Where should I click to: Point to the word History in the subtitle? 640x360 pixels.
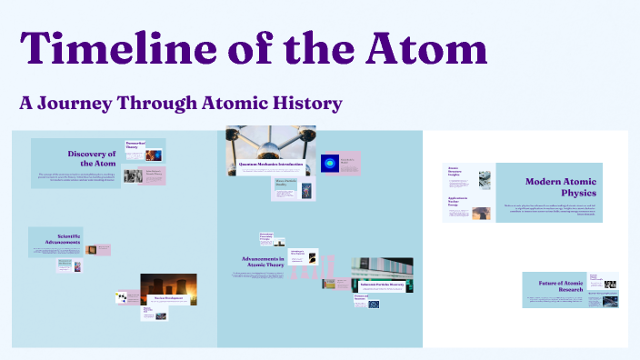[x=304, y=103]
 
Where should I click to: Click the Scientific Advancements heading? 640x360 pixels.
[x=56, y=240]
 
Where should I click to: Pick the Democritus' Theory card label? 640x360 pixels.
[x=135, y=145]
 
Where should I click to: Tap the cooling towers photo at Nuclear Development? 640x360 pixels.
[x=168, y=288]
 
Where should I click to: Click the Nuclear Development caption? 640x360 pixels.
[x=168, y=297]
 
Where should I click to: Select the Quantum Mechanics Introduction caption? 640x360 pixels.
[x=271, y=164]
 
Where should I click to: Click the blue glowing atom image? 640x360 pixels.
[x=327, y=164]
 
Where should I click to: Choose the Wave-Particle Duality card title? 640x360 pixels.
[x=286, y=185]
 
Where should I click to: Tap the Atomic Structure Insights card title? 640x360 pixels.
[x=455, y=171]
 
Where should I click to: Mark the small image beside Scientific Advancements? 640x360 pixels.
[x=104, y=247]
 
